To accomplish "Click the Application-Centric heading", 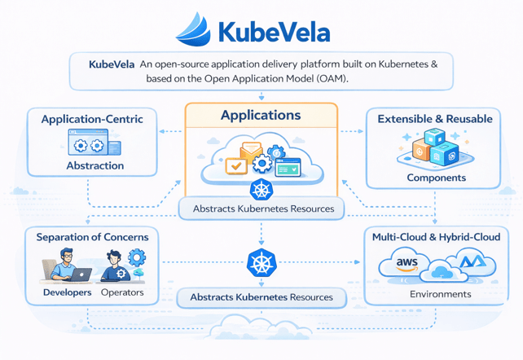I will tap(92, 119).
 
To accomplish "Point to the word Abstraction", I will tap(94, 165).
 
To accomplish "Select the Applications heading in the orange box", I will tap(261, 116).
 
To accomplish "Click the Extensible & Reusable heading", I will tap(435, 119).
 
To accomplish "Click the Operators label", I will tap(122, 292).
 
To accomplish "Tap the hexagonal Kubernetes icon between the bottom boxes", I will tap(260, 264).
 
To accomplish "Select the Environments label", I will tap(440, 294).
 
